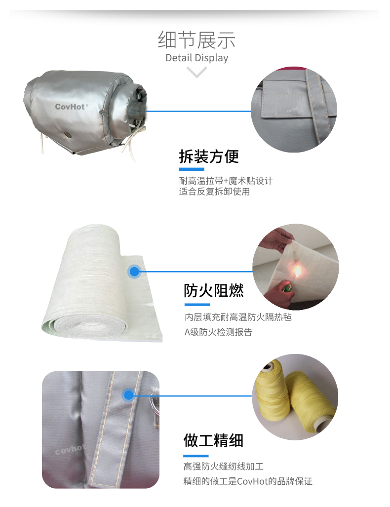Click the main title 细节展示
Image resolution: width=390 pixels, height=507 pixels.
coord(196,40)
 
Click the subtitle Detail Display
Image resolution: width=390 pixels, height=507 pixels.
coord(196,58)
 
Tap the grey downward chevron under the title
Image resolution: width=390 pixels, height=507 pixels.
coord(196,72)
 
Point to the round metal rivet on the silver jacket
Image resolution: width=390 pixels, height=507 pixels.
coord(68,134)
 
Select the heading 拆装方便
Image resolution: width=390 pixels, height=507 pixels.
coord(209,156)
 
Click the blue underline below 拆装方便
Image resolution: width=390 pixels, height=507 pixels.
coord(192,169)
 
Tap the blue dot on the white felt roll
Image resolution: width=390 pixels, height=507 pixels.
coord(134,272)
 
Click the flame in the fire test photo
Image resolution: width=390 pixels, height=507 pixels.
coord(297,271)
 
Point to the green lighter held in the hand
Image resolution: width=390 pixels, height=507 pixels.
coord(287,288)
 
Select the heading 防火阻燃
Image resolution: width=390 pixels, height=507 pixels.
coord(214,291)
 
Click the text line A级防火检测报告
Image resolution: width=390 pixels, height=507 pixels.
coord(218,332)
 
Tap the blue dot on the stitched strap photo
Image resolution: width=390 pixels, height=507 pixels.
coord(128,395)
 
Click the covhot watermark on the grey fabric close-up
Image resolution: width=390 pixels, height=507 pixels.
coord(70,449)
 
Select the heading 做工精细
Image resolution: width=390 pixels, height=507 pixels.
coord(213,440)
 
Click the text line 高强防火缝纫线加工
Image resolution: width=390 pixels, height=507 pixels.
coord(224,466)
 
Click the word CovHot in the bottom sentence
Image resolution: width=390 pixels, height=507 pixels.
coord(252,481)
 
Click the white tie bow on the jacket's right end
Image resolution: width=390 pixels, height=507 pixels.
coord(132,139)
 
